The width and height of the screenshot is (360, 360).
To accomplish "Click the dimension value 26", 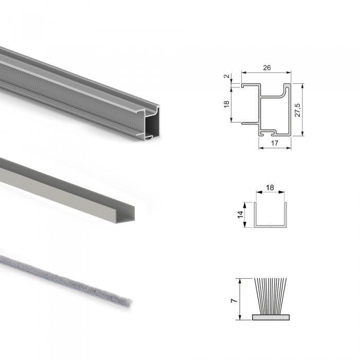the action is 267,68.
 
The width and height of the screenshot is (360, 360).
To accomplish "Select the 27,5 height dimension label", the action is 297,110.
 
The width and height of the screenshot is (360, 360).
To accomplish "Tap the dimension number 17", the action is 275,143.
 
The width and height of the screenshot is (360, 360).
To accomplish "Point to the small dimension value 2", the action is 227,76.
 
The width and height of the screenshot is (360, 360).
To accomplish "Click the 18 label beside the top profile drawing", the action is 226,104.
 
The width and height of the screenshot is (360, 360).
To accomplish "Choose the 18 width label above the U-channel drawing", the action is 270,188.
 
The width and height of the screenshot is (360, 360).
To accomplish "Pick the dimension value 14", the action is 240,214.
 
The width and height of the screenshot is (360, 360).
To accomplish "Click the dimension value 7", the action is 234,300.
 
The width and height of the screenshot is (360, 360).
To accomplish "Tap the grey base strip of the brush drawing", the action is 271,317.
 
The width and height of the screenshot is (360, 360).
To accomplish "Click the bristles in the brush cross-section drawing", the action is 271,296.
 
